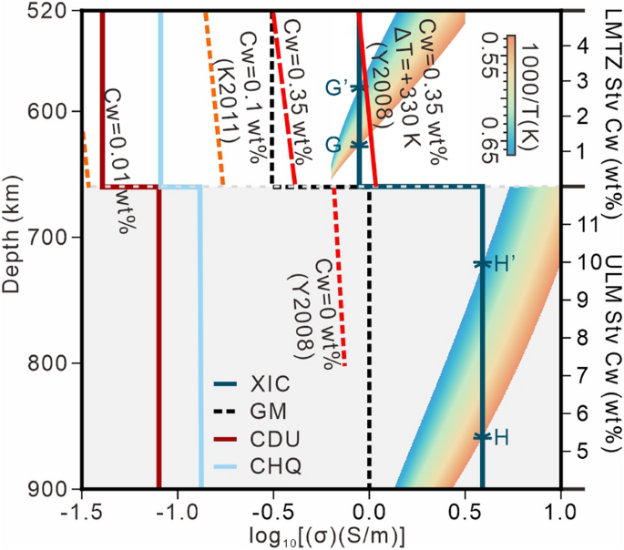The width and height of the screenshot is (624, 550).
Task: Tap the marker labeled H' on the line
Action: pyautogui.click(x=482, y=264)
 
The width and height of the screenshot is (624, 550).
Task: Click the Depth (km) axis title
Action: pyautogui.click(x=12, y=248)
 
